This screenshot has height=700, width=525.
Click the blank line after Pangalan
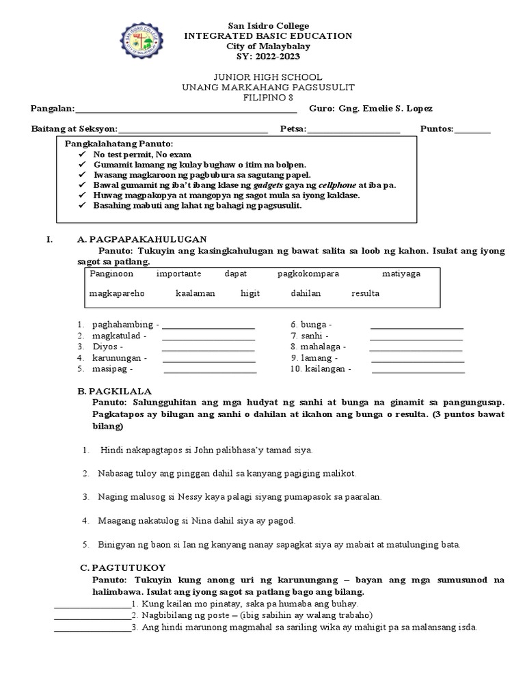point(185,110)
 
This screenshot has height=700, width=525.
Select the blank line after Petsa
point(353,130)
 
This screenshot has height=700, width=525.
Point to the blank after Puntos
point(472,130)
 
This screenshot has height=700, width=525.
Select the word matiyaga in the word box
point(401,273)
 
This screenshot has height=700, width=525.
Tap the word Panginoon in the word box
point(111,273)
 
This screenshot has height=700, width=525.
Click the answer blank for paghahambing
point(208,327)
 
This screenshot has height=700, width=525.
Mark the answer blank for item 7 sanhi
point(416,338)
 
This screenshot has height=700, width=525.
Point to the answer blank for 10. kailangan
point(418,371)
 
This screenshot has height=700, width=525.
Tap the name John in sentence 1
point(196,450)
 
